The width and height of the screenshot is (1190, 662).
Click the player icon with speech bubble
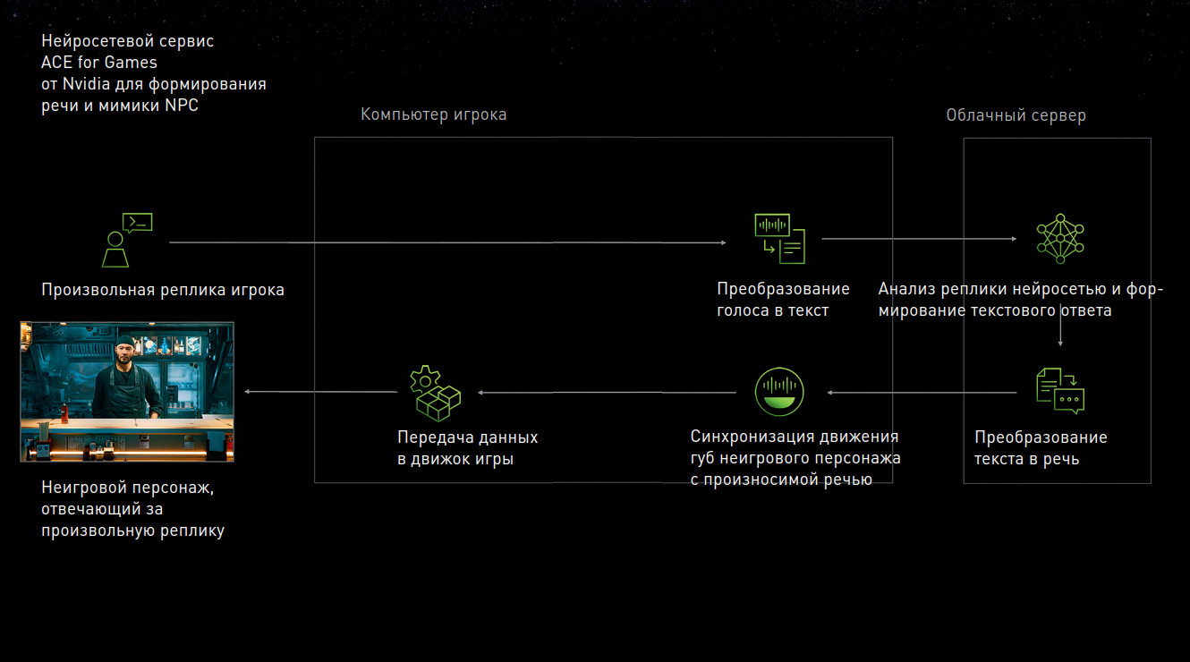point(126,240)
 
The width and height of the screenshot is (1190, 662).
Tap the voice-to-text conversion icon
point(779,238)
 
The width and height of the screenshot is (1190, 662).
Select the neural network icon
point(1059,238)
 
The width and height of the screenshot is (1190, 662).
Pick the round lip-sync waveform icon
point(779,392)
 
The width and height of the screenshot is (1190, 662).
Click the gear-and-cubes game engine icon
point(434,392)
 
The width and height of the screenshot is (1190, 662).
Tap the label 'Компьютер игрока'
point(433,115)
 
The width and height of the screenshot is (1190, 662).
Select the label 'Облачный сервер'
point(1016,115)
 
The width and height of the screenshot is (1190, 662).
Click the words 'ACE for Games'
point(98,63)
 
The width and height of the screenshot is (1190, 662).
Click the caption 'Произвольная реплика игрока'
point(163,290)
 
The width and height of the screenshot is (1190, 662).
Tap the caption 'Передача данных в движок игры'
point(467,448)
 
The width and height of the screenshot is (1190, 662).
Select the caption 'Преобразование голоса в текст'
point(783,300)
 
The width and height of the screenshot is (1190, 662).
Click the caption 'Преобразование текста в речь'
point(1041,448)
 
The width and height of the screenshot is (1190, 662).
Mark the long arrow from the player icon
point(447,242)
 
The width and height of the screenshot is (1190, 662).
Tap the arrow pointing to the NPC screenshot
point(322,392)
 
